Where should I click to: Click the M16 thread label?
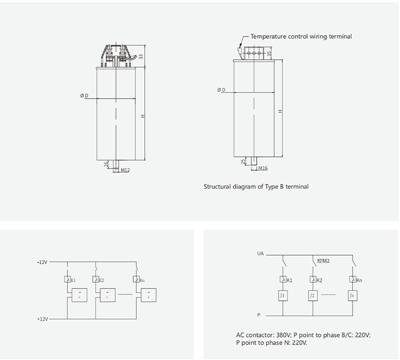262,169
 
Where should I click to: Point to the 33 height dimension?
141,56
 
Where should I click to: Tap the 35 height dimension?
270,53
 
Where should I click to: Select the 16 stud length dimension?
107,164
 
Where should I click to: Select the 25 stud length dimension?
243,161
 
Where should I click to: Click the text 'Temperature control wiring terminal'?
301,36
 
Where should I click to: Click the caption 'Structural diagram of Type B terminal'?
256,187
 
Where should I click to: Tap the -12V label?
42,262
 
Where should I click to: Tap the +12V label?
42,319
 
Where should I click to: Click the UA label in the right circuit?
260,254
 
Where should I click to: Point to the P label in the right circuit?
259,315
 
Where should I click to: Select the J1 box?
283,295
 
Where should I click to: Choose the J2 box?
313,295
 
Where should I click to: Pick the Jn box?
351,295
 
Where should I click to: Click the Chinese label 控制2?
323,261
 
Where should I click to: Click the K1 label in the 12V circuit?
73,280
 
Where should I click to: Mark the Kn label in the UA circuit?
359,280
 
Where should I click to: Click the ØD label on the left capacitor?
84,95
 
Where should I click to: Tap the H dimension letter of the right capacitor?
279,111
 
